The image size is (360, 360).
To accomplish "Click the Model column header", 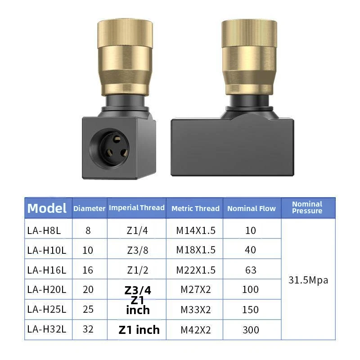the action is tap(47, 208).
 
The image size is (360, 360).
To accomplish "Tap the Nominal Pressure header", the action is tap(307, 207).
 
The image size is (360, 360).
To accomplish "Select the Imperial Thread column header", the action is tap(137, 207).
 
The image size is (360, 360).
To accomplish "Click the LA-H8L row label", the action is tap(44, 230).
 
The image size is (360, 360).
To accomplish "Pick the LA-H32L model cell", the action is tap(47, 329).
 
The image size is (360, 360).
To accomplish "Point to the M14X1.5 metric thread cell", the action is tap(196, 230).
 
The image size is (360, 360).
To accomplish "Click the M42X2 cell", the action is tap(196, 330).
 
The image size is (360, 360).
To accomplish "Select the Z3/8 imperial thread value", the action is tap(138, 250).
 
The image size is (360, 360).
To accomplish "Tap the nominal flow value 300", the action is tap(251, 330).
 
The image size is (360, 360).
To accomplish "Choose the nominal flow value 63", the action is tap(251, 270).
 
